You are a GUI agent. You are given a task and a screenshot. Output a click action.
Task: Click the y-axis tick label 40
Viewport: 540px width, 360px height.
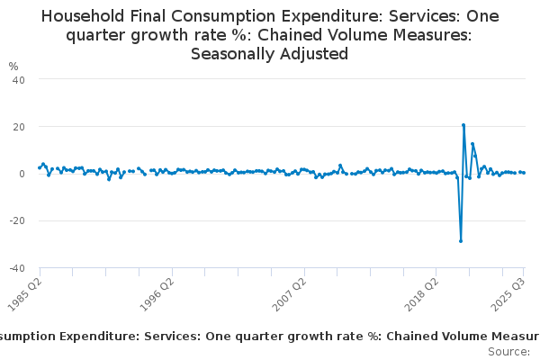coord(18,79)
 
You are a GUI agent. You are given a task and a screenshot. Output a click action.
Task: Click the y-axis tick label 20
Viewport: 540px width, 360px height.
coord(18,126)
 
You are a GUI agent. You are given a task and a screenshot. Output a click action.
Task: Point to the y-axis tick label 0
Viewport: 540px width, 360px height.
coord(21,174)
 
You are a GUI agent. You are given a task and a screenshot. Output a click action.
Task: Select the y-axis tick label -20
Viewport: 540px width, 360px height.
coord(16,220)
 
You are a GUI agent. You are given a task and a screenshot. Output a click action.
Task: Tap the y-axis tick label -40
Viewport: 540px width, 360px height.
coord(16,267)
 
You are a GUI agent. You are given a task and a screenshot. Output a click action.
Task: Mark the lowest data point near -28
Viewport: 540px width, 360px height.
coord(461,240)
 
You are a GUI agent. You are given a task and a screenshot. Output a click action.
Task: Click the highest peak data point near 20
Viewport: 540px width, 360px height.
coord(463,125)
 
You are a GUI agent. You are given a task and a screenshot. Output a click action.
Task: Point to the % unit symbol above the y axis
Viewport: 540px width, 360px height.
coord(13,67)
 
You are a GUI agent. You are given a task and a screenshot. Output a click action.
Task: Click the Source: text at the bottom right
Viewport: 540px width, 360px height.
coord(509,351)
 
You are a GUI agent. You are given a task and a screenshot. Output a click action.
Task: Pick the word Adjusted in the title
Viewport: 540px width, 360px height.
coord(315,54)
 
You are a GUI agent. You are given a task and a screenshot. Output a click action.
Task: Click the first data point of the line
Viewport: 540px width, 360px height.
coord(39,167)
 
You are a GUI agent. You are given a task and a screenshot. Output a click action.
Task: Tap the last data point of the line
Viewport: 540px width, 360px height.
coord(524,173)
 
